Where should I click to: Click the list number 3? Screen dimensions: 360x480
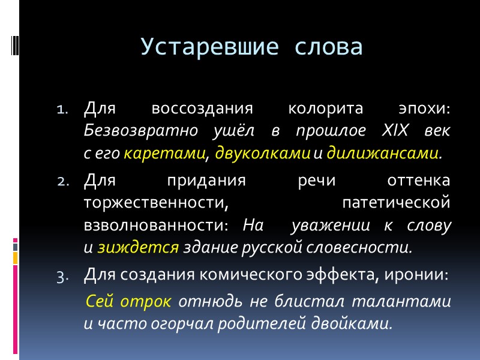[x=64, y=276]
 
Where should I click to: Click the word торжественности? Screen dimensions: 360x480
[x=156, y=204]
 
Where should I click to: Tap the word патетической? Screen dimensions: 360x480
[x=395, y=204]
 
